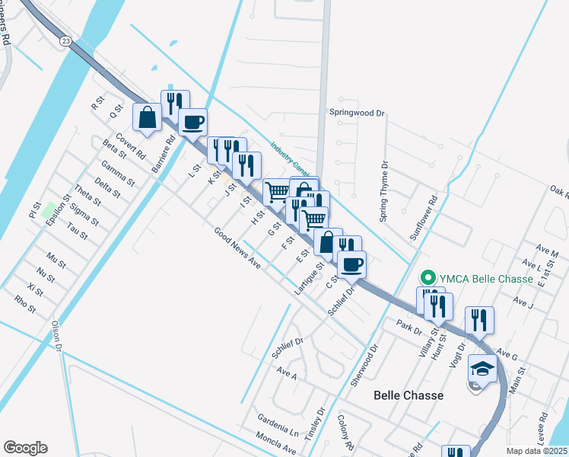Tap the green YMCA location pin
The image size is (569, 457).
[428, 277]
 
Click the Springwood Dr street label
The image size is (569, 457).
[357, 113]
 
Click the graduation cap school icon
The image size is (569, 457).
[482, 369]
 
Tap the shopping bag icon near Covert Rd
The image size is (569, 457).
[147, 117]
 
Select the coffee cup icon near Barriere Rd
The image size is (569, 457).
[192, 122]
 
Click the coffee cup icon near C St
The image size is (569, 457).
[351, 264]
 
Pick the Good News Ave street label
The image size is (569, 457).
[237, 250]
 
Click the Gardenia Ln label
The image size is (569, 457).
[277, 428]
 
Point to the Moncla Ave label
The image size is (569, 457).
[275, 445]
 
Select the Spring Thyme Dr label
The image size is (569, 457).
[384, 191]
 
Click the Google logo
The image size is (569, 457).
[25, 448]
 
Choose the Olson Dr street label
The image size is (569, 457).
[56, 335]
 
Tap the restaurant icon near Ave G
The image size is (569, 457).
[479, 320]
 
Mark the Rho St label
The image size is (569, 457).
[25, 305]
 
